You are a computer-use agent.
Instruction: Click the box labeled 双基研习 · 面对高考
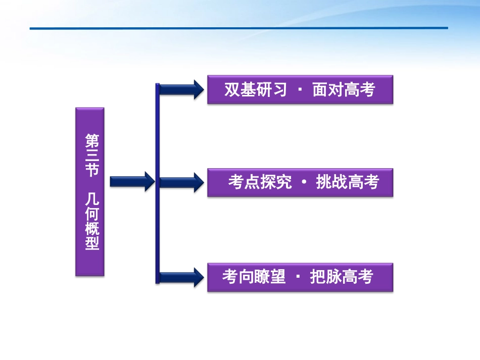tap(300, 90)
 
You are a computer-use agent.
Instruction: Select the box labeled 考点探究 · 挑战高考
tap(300, 182)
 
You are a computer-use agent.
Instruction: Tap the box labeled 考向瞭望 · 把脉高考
tap(300, 277)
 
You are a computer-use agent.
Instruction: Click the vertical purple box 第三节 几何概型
tap(90, 191)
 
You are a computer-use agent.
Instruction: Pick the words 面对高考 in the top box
tap(344, 90)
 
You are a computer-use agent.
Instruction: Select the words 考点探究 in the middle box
tap(260, 182)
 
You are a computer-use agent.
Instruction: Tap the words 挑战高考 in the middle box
tap(347, 182)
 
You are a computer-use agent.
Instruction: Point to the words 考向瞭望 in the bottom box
tap(254, 277)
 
